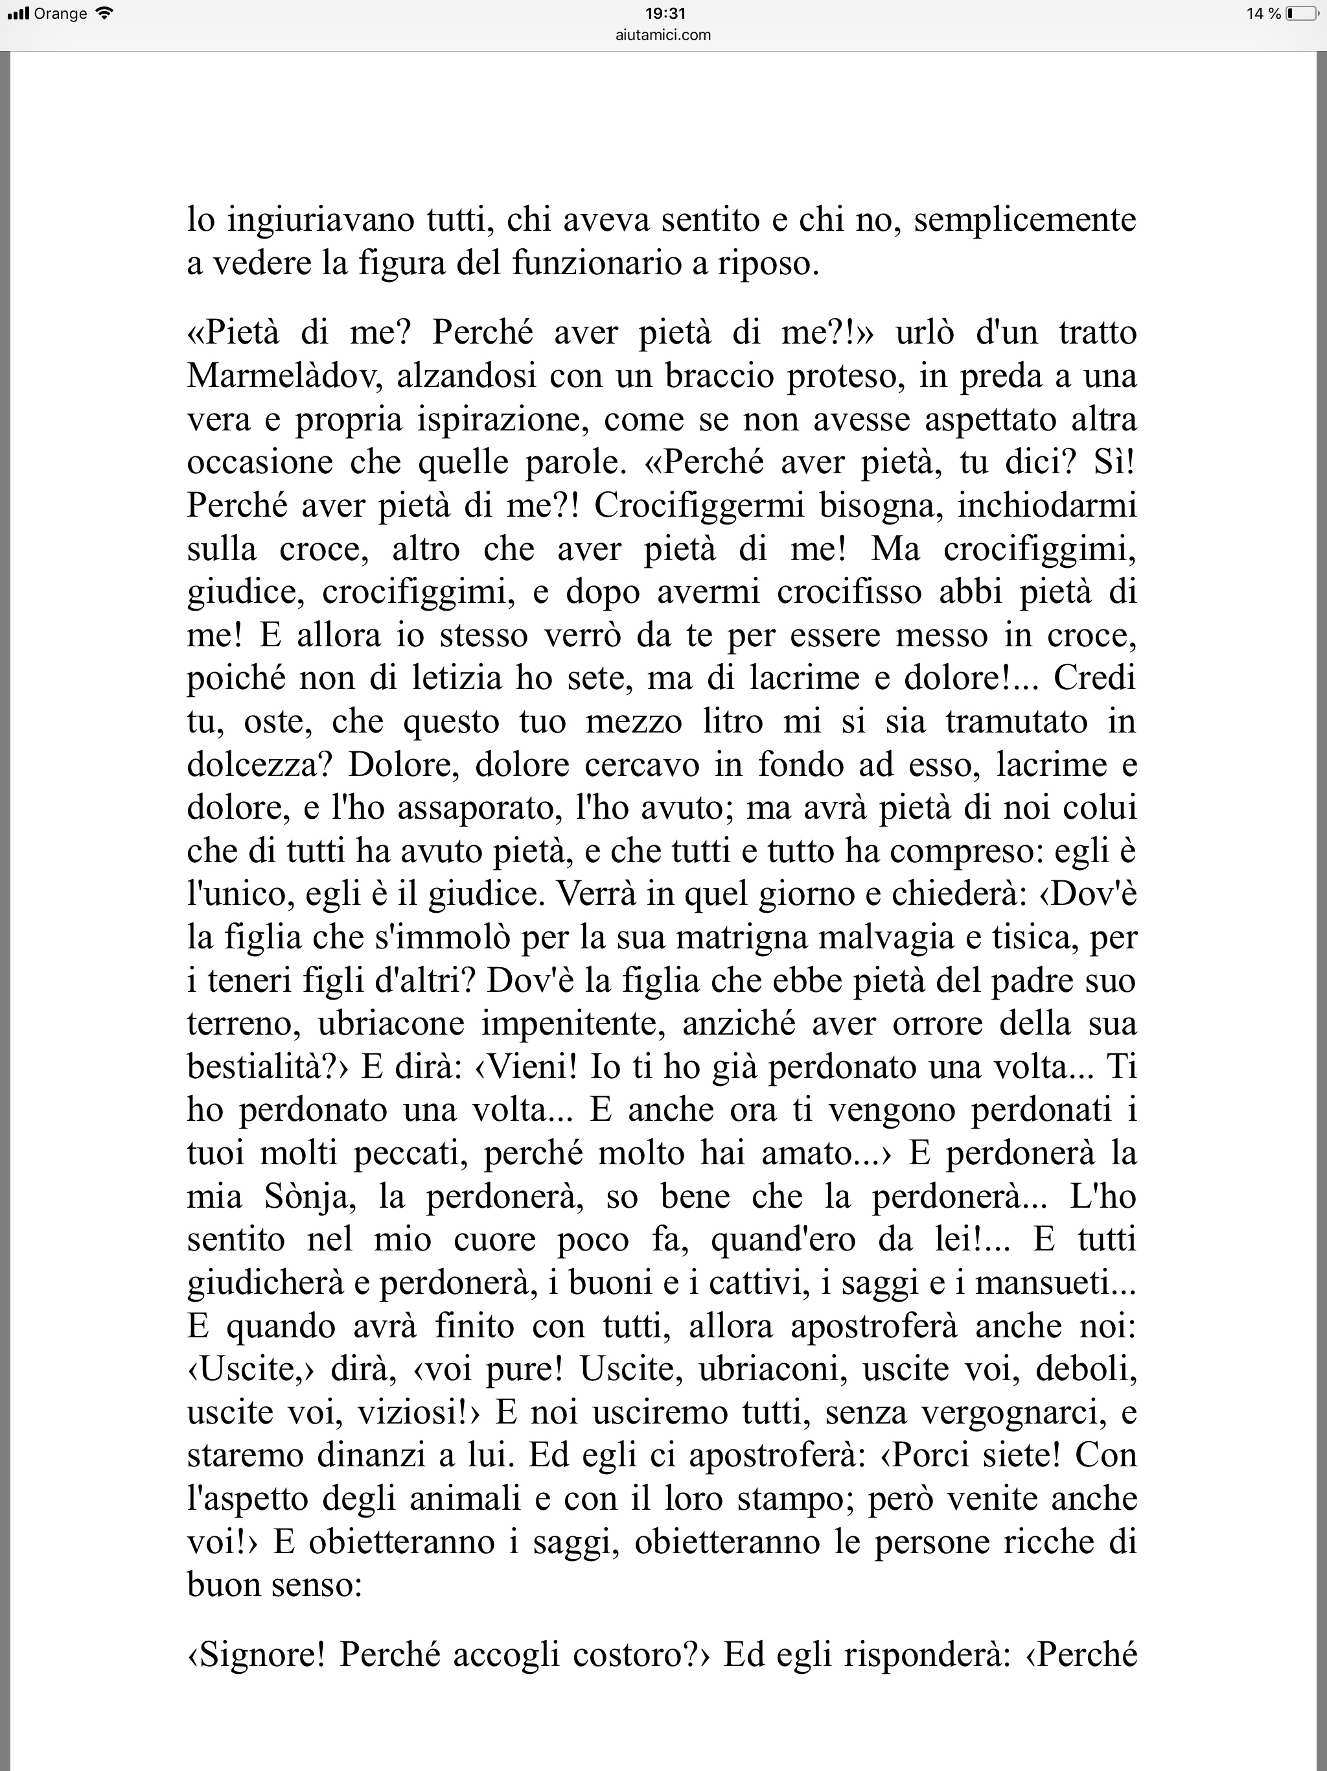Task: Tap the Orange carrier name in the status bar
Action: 60,14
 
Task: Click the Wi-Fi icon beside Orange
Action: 103,14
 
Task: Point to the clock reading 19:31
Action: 664,14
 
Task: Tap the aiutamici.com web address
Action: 664,34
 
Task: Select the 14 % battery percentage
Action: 1264,14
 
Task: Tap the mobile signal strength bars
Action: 17,14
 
